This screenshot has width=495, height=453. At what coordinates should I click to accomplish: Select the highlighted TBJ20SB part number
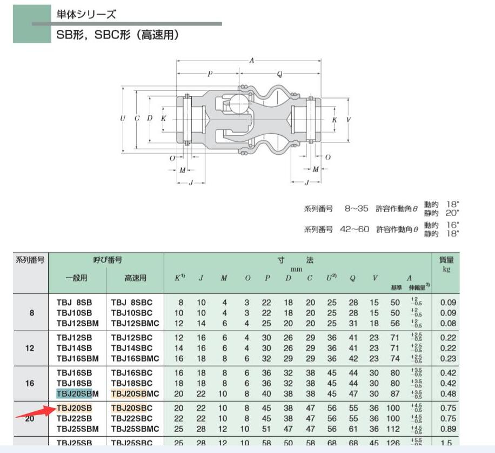point(74,408)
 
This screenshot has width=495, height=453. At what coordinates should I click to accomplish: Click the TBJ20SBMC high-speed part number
point(135,393)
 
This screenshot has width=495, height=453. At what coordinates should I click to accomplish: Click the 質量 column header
point(446,260)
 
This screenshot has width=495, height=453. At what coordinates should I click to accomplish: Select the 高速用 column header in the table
point(135,278)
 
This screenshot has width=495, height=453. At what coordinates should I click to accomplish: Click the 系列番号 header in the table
point(30,260)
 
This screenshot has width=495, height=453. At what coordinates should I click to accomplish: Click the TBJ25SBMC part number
point(135,429)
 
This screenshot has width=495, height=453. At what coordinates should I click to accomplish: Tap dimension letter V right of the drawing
point(348,119)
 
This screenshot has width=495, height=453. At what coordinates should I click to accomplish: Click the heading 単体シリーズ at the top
point(86,15)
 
